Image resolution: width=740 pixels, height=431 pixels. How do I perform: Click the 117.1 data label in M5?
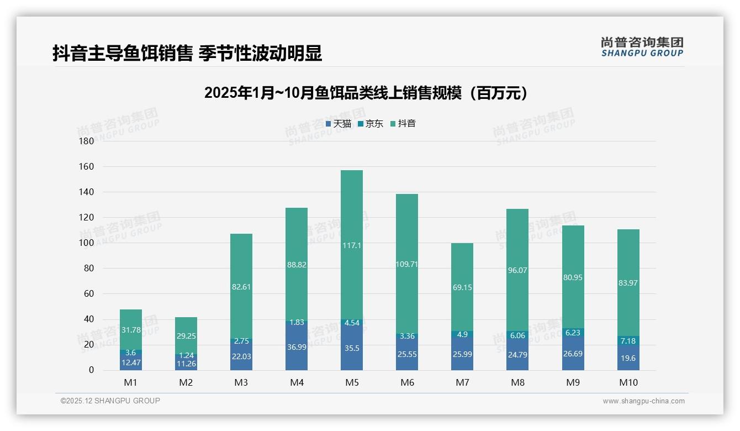click(352, 245)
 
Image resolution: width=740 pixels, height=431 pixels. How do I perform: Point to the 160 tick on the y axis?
click(87, 166)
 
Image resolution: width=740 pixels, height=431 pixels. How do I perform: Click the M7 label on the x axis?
click(462, 382)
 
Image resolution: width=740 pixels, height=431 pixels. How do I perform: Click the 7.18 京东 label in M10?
click(628, 341)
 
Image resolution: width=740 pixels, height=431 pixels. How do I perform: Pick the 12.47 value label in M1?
click(131, 362)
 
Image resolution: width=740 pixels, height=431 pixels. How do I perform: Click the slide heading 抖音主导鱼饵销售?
click(187, 54)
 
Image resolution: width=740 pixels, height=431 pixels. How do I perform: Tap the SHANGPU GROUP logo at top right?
click(642, 47)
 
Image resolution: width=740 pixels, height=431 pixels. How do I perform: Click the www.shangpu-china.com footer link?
click(643, 401)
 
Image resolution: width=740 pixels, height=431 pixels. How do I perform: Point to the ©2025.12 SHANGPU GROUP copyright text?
click(110, 401)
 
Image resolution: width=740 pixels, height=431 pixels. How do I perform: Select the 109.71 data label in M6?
click(407, 264)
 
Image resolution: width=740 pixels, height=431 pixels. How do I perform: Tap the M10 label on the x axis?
click(628, 382)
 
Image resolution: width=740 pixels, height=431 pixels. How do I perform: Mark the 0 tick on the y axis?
click(91, 370)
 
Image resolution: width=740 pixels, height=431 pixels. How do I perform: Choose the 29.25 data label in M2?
click(186, 336)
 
